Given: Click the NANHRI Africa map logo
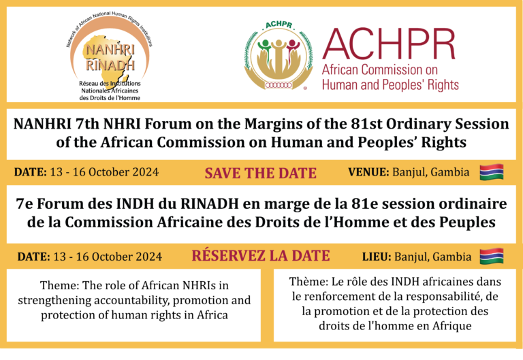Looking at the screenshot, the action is pos(110,56).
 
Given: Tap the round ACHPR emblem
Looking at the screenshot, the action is pos(279,56).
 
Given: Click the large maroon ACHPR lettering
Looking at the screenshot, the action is pos(389,44).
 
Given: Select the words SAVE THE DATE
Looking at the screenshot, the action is pos(261,174).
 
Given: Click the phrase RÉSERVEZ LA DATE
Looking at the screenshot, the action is pos(261,256).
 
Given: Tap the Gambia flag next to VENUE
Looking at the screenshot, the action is pos(492,172).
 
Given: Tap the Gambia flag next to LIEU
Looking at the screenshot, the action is pos(492,256).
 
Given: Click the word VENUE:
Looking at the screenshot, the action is pos(368,172).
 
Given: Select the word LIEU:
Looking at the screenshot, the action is pos(377,257).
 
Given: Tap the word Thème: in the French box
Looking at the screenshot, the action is pos(308,282).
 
